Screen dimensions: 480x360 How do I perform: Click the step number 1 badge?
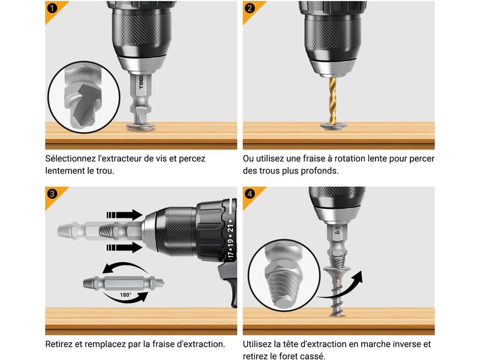coord(52,8)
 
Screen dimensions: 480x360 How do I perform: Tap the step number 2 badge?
coord(250,8)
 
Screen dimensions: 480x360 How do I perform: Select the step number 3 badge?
coord(52,194)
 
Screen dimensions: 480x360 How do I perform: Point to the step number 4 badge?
coord(250,194)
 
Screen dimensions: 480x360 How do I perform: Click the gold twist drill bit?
coord(332,100)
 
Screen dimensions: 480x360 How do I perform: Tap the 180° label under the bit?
coord(125,295)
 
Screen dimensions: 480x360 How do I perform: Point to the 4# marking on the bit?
coord(337,230)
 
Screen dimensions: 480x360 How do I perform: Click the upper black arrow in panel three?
coord(124,215)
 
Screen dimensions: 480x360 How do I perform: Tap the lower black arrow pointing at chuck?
coord(124,247)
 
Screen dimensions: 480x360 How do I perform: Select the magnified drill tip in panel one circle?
coord(83,97)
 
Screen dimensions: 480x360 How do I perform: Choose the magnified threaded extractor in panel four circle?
coord(284,275)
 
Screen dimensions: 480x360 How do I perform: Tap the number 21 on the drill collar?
coord(230,229)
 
